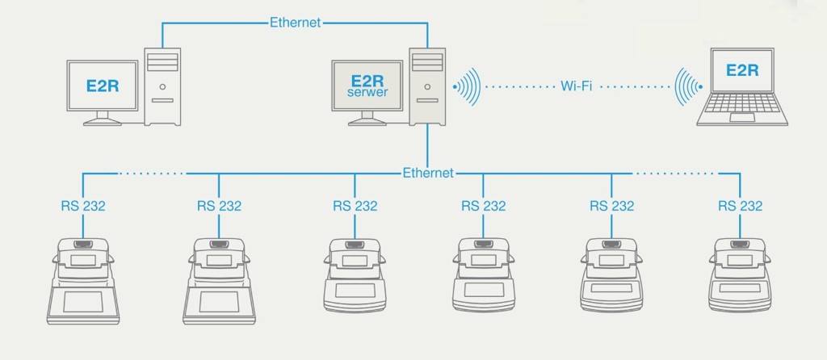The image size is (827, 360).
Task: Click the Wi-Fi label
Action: coord(577,86)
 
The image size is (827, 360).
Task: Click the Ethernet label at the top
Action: coord(296,23)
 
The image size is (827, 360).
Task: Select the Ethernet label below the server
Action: coord(429,173)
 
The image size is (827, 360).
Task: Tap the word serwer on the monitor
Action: coord(367,93)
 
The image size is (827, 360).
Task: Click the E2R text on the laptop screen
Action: coord(742,69)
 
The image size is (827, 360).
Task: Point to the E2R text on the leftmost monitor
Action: coord(102,85)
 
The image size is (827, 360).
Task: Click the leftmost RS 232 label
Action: coord(83,206)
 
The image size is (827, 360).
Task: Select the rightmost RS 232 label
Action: coord(740,206)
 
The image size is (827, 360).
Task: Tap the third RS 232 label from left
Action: coord(355,206)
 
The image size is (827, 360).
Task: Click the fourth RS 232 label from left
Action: coord(484,206)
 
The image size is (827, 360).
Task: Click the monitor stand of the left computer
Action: coord(102,119)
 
